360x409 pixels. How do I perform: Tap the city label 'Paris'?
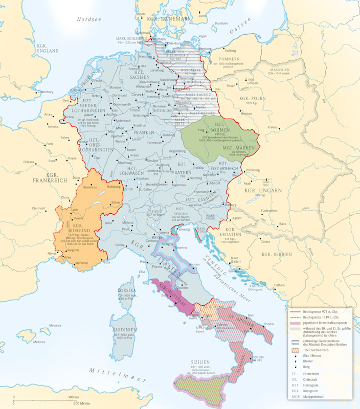(50, 144)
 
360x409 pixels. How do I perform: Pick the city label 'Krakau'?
(272, 127)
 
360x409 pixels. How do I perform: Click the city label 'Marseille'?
(80, 263)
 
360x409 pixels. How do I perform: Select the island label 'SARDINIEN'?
(125, 330)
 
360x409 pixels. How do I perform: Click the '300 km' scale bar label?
(73, 397)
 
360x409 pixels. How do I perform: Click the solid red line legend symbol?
(294, 311)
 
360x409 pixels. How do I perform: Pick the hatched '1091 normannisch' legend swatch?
(294, 350)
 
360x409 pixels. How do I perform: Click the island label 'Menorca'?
(55, 325)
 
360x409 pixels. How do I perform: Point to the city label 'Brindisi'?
(268, 324)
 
